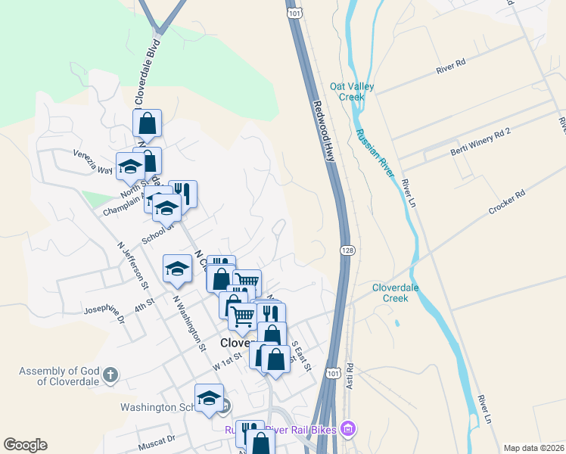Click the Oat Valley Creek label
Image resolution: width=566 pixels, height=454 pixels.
(x=352, y=92)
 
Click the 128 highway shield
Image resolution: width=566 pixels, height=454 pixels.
(x=346, y=250)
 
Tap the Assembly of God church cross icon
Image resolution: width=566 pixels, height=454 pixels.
(x=110, y=375)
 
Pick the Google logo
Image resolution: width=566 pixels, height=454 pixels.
(x=25, y=445)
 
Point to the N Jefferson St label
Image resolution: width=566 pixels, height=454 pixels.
(x=132, y=264)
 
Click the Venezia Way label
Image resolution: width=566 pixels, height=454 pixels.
(x=92, y=160)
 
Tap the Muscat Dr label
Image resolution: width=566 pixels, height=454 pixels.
(x=157, y=438)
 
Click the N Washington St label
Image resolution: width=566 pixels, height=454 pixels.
(x=189, y=323)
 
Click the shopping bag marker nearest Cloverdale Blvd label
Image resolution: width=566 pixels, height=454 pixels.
(x=148, y=123)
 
